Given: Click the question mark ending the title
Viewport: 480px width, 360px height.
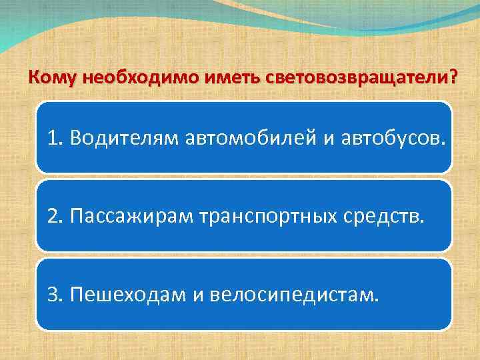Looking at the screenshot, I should coord(454,78).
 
